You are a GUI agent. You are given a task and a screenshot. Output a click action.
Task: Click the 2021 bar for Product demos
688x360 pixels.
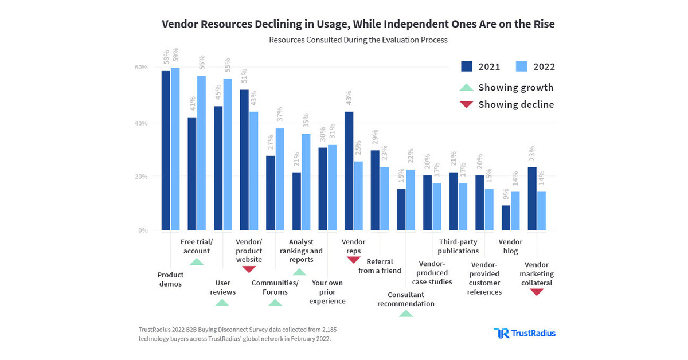click(166, 150)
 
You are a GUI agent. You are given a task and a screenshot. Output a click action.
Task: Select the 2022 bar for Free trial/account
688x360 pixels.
click(201, 153)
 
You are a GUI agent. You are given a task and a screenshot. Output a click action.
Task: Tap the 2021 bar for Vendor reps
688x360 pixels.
click(349, 171)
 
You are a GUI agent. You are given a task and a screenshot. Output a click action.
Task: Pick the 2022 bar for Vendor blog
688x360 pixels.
click(515, 211)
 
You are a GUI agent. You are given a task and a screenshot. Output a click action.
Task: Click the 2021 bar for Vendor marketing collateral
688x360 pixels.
click(532, 198)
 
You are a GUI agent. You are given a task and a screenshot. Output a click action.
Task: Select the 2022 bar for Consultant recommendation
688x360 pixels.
click(411, 200)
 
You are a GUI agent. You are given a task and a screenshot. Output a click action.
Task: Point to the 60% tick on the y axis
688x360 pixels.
click(141, 67)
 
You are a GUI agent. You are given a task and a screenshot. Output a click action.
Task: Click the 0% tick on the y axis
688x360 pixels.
click(143, 230)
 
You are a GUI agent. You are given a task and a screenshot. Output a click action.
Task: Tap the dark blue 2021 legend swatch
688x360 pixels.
click(467, 66)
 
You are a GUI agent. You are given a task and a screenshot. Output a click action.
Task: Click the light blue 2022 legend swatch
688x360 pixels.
click(522, 66)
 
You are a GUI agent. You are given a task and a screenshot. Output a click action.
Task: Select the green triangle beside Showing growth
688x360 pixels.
click(467, 88)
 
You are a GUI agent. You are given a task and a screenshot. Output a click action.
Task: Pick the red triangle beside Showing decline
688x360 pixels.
click(467, 104)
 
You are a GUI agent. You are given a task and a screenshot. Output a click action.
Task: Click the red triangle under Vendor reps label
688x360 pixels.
click(354, 260)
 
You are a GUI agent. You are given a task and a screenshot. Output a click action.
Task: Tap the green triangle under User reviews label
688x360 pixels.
click(222, 303)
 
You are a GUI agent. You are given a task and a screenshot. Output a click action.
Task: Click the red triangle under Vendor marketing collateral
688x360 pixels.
click(537, 292)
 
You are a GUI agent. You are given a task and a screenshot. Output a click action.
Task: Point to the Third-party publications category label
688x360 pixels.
click(458, 246)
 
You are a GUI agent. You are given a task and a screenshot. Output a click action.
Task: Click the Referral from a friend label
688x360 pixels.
click(380, 266)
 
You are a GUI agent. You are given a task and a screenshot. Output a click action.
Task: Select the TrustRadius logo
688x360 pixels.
click(524, 333)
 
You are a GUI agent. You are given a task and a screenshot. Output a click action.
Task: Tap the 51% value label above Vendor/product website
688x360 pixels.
click(244, 76)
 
